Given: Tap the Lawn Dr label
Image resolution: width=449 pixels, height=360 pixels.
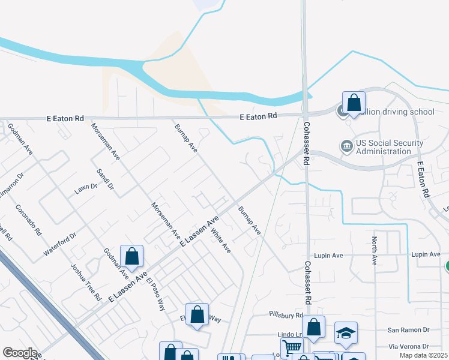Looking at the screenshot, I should click(85, 187).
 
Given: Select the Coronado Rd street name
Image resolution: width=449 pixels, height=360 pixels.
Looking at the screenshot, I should click(28, 220).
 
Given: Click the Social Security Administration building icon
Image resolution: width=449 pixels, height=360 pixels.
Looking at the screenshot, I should click(346, 146).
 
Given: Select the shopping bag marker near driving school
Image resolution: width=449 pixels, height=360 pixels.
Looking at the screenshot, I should click(354, 103).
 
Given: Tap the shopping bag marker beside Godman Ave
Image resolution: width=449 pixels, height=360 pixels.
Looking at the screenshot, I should click(132, 256).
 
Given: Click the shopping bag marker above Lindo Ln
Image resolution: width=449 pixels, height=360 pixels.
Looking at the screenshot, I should click(313, 328).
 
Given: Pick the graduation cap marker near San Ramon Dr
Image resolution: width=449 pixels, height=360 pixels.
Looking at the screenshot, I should click(346, 334).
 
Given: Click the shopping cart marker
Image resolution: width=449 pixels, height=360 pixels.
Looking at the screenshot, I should click(292, 348).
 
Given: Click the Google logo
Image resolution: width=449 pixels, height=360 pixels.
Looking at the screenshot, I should click(20, 353).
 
